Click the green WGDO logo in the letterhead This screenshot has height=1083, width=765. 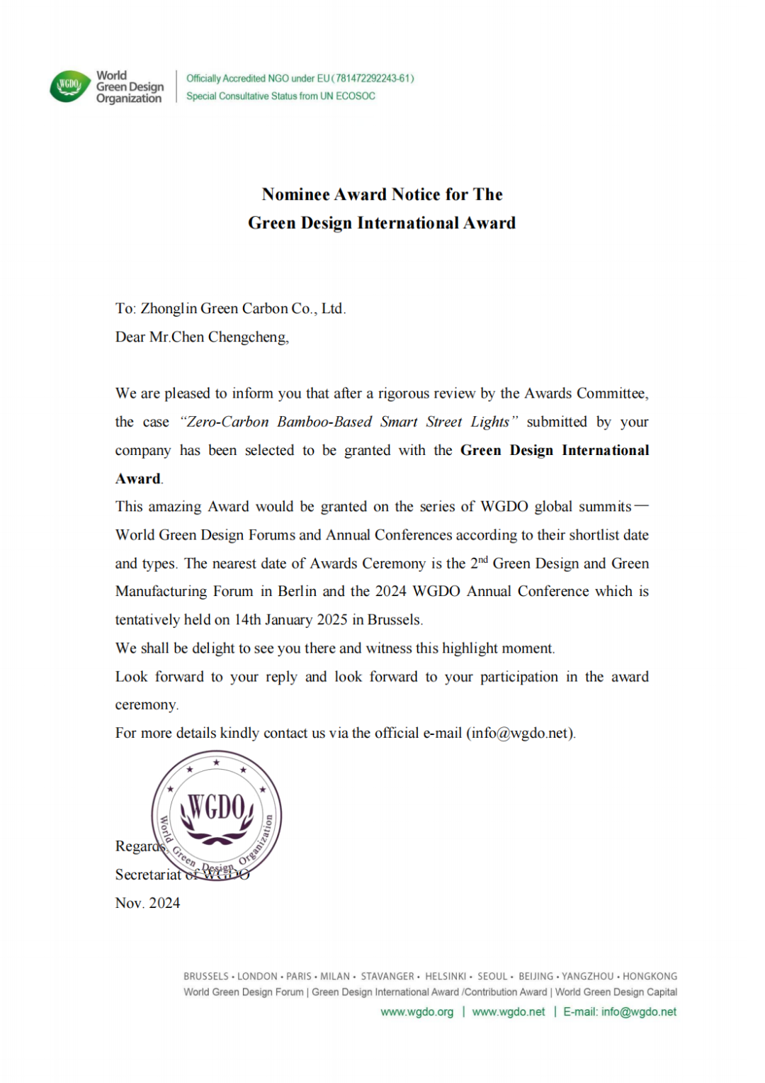(x=69, y=86)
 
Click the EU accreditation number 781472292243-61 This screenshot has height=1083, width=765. (x=373, y=79)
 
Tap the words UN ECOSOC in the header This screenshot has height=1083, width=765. (x=348, y=96)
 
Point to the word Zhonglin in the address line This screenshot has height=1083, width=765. (x=169, y=309)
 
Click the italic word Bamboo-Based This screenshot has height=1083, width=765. (x=324, y=422)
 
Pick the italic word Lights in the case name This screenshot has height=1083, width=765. (x=489, y=422)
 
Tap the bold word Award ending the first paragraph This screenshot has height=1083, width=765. (x=138, y=479)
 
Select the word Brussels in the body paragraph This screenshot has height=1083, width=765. (x=394, y=620)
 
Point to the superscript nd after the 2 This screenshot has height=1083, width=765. (x=483, y=560)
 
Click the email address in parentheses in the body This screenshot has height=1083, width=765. (x=520, y=734)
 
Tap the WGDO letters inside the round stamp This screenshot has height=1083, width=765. (x=217, y=808)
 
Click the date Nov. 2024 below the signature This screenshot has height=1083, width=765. (x=147, y=903)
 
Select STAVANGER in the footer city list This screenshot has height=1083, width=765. (x=387, y=977)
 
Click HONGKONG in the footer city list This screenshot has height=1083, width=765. (x=650, y=977)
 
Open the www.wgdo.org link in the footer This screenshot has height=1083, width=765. (x=416, y=1012)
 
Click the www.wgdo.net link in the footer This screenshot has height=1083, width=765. (x=509, y=1012)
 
